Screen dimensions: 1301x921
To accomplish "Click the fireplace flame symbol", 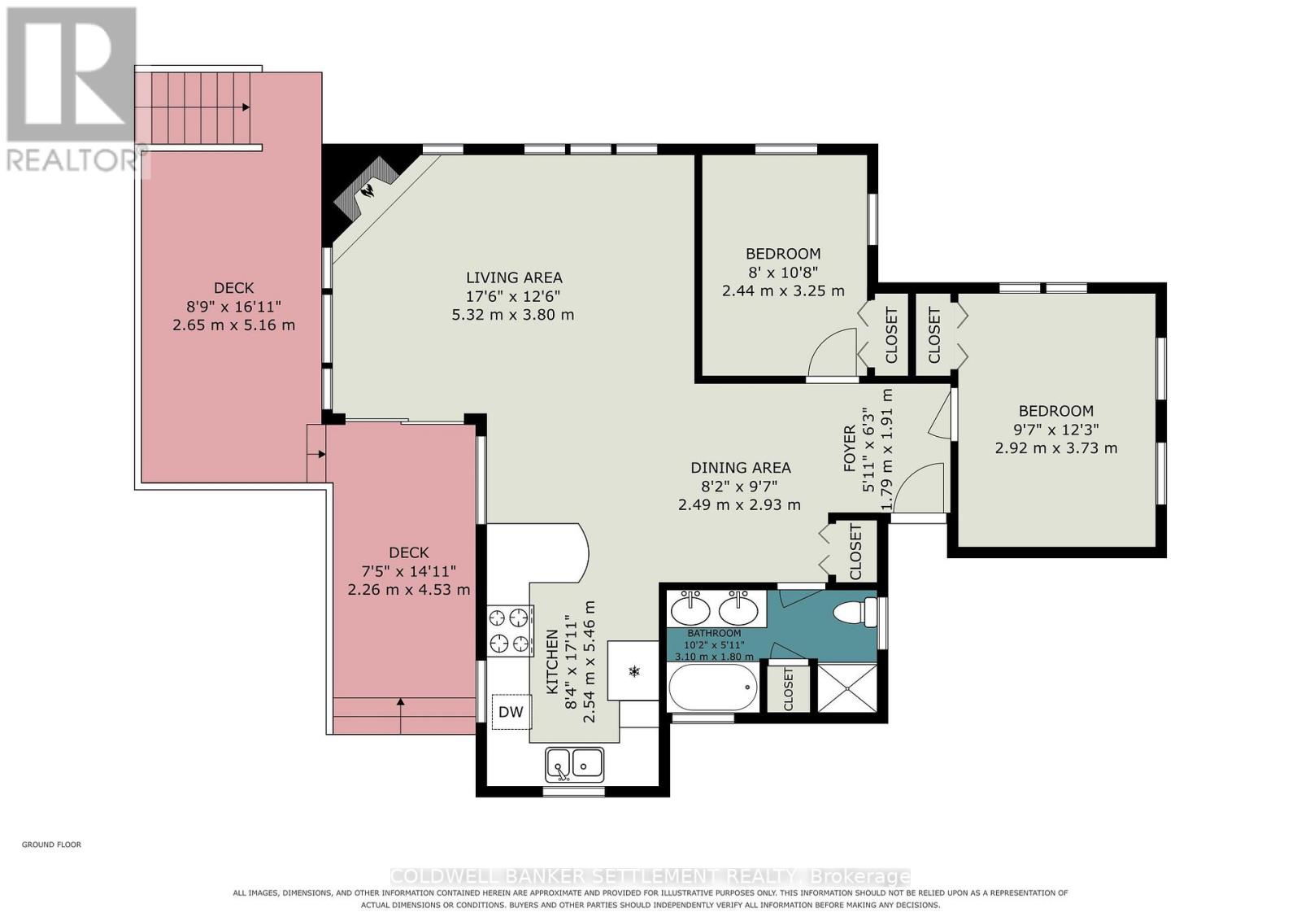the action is pyautogui.click(x=368, y=190).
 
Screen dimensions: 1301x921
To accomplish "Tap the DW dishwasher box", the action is pyautogui.click(x=511, y=711).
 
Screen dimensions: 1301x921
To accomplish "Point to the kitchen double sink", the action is pyautogui.click(x=574, y=764).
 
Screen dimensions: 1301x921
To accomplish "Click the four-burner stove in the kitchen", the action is pyautogui.click(x=511, y=631).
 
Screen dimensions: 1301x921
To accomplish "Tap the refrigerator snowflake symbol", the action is pyautogui.click(x=634, y=672).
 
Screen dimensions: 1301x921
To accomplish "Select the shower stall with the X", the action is pyautogui.click(x=847, y=687).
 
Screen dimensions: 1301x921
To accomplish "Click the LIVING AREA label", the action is pyautogui.click(x=514, y=277).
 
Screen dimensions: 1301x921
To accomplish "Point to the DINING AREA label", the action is pyautogui.click(x=740, y=467).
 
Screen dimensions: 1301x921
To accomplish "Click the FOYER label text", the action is pyautogui.click(x=850, y=451).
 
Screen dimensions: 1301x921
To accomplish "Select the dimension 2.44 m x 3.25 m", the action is pyautogui.click(x=782, y=290).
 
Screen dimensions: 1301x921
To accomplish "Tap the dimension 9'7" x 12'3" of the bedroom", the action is pyautogui.click(x=1056, y=430).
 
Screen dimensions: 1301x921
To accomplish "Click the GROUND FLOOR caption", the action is pyautogui.click(x=52, y=845).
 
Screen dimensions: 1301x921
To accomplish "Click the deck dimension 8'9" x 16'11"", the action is pyautogui.click(x=234, y=306).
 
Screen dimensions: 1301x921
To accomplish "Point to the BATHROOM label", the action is pyautogui.click(x=714, y=633).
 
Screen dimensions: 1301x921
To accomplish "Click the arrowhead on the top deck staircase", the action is pyautogui.click(x=246, y=107).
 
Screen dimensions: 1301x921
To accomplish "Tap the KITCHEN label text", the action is pyautogui.click(x=552, y=661).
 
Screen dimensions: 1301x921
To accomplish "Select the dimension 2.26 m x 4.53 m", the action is pyautogui.click(x=408, y=589).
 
